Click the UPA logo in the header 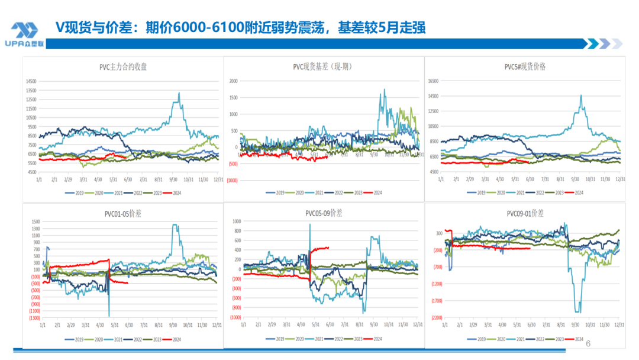(x=25, y=34)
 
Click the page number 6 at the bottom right (x=588, y=343)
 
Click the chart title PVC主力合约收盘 (x=123, y=67)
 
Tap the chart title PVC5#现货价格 (x=524, y=67)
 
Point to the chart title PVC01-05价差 (x=123, y=213)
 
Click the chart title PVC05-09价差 (x=324, y=213)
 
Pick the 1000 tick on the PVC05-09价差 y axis (x=236, y=221)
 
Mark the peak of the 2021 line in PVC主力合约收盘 (x=179, y=93)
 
